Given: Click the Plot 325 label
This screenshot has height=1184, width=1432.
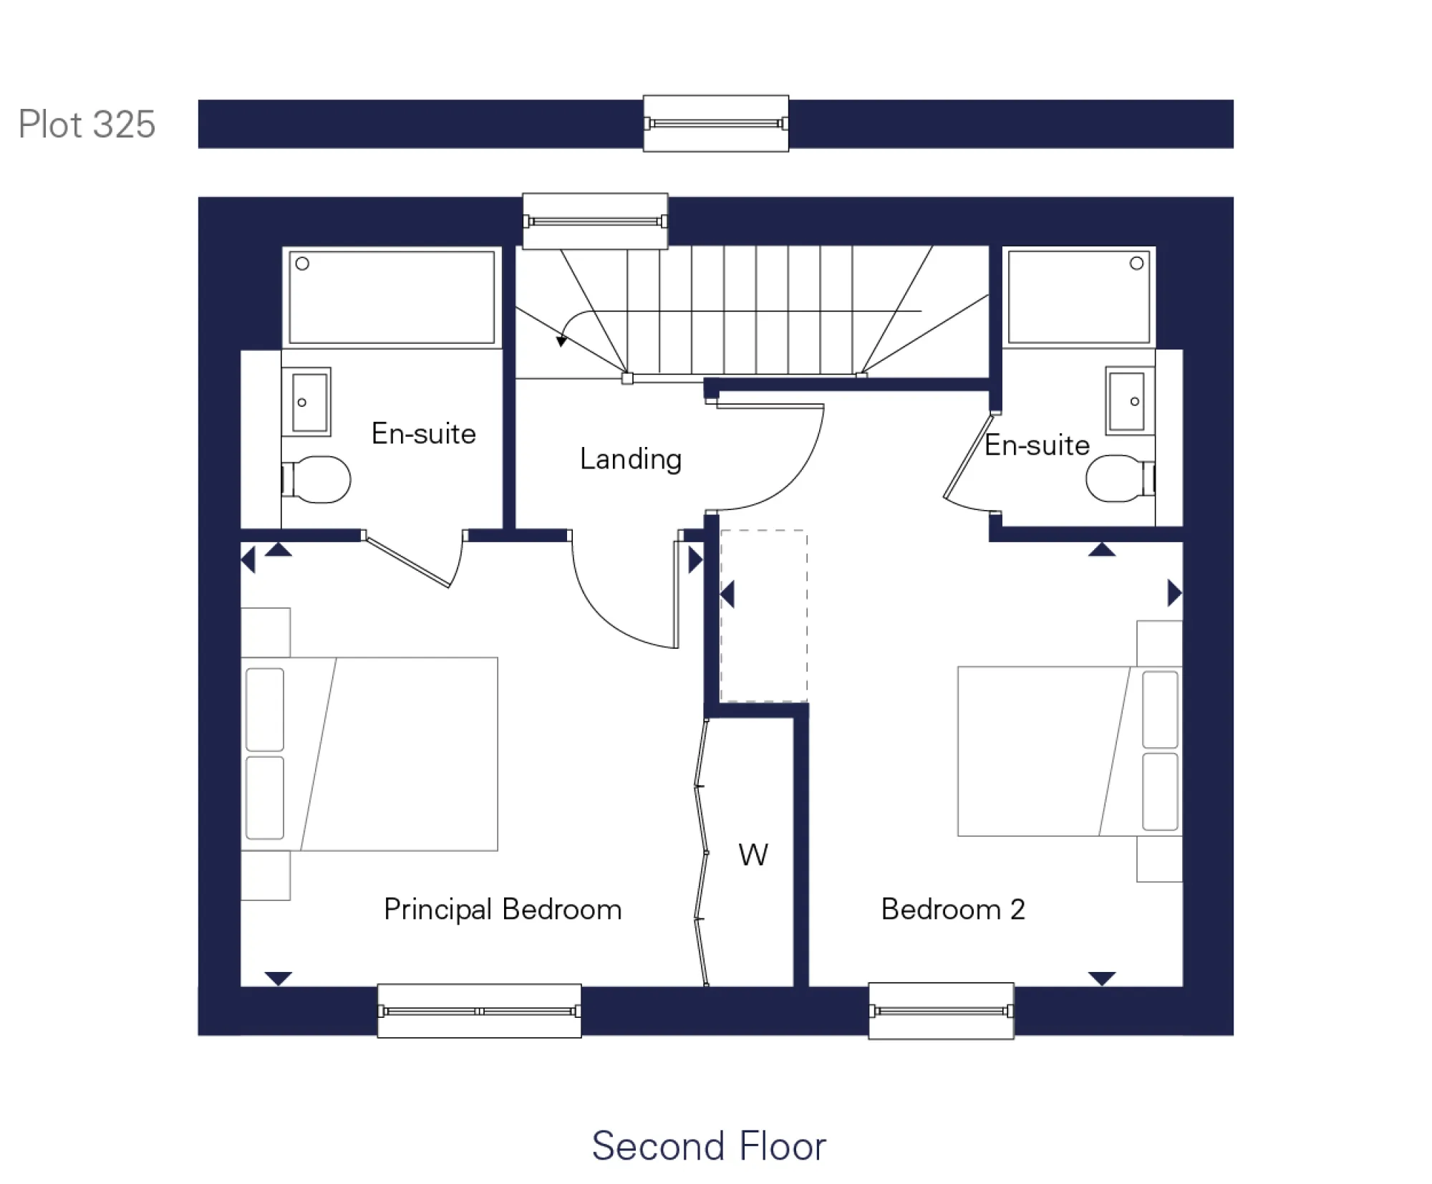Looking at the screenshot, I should (x=87, y=125).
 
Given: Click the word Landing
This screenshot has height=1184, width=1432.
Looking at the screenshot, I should (x=630, y=459).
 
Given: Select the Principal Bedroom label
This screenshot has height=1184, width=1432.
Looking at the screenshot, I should (x=503, y=909).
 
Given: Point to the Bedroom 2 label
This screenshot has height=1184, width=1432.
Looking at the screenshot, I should (x=953, y=909).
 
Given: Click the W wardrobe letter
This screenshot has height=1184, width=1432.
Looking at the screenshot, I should (x=753, y=855).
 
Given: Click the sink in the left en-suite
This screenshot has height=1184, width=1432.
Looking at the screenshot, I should (x=310, y=402).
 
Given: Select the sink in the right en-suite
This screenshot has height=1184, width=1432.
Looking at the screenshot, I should (x=1127, y=401).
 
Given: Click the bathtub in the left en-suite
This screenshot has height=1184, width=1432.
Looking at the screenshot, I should (x=392, y=297).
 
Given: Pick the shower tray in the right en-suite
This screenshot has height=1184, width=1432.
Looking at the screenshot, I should (x=1078, y=297).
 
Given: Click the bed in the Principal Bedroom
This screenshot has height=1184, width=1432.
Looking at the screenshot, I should (x=369, y=754).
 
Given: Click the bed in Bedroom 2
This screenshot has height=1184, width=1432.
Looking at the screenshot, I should (x=1069, y=751).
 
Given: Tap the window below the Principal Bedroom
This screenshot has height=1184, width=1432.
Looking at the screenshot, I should (x=479, y=1011).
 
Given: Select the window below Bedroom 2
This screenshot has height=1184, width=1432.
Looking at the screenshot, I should (x=941, y=1011).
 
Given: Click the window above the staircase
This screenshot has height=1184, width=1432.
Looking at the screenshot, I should (x=595, y=221).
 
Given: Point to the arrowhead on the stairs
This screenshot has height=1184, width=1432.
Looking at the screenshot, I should (x=561, y=342).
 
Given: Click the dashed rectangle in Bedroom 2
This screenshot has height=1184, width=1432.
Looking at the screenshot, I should (x=763, y=616).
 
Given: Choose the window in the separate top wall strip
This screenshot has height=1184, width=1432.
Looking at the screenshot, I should (x=716, y=123).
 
